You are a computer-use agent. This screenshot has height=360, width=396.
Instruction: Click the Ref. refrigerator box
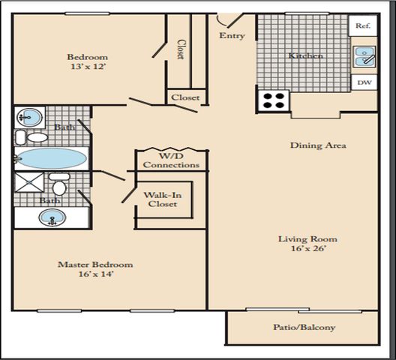click(363, 25)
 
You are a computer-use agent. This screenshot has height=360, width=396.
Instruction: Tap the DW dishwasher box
click(364, 82)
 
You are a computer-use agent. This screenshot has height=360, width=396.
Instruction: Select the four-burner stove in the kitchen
click(274, 100)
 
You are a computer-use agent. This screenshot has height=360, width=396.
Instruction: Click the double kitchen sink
click(364, 56)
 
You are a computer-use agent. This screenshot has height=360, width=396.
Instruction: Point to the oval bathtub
click(52, 158)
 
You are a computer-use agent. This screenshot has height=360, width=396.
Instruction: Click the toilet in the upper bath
click(32, 137)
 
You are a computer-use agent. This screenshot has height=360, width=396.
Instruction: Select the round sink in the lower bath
click(52, 217)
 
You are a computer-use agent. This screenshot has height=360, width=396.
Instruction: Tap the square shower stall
click(29, 182)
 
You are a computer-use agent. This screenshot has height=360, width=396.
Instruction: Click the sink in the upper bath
click(29, 117)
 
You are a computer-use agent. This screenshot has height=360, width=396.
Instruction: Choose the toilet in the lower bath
click(59, 184)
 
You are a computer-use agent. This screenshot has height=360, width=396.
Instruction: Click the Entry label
click(232, 36)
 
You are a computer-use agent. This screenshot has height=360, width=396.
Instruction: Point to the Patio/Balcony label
click(304, 328)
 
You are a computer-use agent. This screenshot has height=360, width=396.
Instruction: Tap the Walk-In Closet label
click(163, 199)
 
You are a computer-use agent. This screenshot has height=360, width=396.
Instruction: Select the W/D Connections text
click(171, 160)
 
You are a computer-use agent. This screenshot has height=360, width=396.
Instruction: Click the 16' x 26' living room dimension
click(307, 248)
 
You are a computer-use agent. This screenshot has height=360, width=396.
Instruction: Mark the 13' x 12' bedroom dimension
click(88, 67)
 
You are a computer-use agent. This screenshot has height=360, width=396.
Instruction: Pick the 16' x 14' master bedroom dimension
click(95, 274)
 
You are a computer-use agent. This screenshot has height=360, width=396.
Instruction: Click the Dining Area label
click(318, 145)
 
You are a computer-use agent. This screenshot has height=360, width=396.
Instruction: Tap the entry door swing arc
click(220, 22)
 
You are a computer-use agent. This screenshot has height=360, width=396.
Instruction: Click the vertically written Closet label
click(180, 49)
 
